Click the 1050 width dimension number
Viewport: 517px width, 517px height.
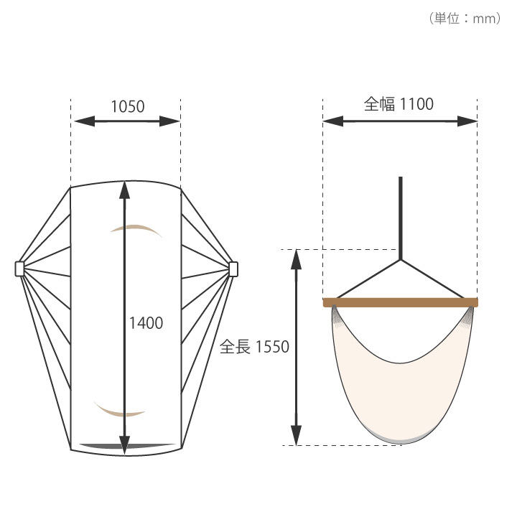(128, 106)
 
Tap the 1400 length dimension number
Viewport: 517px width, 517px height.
(146, 323)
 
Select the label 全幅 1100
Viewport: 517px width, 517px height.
(399, 104)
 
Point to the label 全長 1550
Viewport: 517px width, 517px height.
(254, 347)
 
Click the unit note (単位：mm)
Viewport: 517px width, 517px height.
(465, 18)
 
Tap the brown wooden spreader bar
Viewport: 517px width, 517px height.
(400, 302)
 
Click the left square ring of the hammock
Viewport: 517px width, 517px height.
(20, 269)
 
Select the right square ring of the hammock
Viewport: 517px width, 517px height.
(233, 269)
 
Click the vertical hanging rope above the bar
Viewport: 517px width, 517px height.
(400, 218)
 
